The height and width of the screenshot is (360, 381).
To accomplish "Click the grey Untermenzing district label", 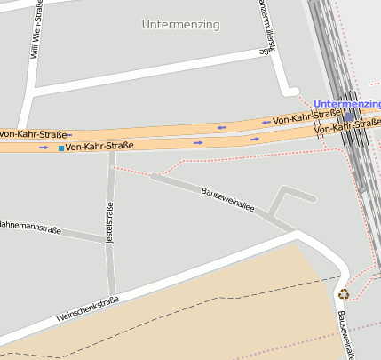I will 180,25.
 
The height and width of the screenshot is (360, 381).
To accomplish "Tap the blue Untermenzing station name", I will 347,105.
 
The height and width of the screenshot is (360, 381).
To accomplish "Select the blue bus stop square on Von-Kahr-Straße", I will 60,147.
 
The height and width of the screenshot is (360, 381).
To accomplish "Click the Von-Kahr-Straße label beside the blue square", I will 99,146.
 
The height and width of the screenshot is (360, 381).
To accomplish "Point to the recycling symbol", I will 344,294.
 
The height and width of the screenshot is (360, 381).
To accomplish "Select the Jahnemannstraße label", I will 30,228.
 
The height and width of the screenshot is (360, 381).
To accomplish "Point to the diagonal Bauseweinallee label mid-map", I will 228,200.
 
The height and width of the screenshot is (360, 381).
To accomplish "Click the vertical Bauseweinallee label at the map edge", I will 345,334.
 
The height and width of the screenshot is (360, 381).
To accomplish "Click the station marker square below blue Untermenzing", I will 349,116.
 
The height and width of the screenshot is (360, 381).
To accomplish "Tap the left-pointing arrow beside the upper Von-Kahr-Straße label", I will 265,122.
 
